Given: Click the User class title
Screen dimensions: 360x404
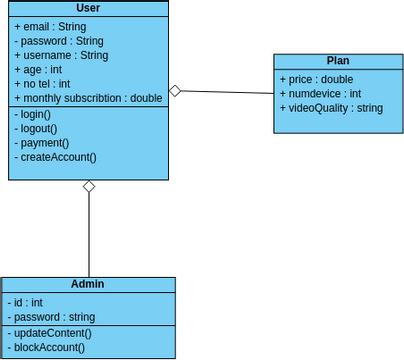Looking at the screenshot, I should tap(88, 9).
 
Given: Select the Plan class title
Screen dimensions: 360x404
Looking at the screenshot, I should tap(337, 61).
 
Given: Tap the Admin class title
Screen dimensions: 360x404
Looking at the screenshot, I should tap(88, 284).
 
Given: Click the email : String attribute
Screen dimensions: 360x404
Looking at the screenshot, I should tap(50, 26).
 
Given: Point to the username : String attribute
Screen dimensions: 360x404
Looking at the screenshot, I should tap(61, 55).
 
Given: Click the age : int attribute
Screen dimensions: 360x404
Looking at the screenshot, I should tap(38, 70).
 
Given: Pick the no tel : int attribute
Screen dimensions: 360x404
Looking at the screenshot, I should tap(42, 84).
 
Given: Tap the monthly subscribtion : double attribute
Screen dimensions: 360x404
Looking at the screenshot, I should tap(88, 98).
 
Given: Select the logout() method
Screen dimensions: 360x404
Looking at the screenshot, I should tap(35, 129).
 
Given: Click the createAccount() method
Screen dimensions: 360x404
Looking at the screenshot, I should tap(55, 157).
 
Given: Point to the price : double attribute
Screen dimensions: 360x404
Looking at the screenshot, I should tap(316, 79).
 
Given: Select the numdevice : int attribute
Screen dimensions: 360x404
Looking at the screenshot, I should tap(320, 93).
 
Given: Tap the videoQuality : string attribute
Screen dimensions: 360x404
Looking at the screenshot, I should tap(331, 107).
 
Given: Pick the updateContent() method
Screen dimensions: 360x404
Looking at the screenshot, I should tap(51, 333).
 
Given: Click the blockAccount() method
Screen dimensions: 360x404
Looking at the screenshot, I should tap(49, 347).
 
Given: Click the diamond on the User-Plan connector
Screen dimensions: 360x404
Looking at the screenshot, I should tap(175, 91).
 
